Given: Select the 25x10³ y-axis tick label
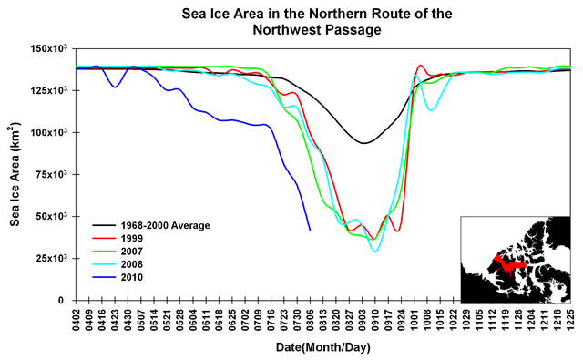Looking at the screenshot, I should pyautogui.click(x=53, y=258).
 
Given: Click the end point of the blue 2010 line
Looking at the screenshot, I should pyautogui.click(x=310, y=231).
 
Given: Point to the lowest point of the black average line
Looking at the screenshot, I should pyautogui.click(x=363, y=143).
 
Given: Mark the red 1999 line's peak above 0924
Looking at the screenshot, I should pyautogui.click(x=420, y=66).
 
